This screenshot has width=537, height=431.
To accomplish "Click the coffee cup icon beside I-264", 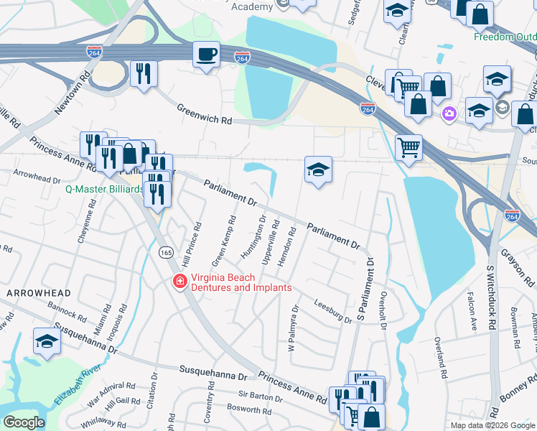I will coord(207,55).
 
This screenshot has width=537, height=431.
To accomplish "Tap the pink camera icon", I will coord(449,113).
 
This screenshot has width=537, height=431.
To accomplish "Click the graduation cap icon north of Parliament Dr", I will coord(318,170).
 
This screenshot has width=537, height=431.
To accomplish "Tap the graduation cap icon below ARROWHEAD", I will coord(47,341).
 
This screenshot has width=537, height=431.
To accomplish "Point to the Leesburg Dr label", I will coord(332,312).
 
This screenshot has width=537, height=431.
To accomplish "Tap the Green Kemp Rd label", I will coord(223,239).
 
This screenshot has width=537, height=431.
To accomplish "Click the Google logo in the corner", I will coord(24,422).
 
